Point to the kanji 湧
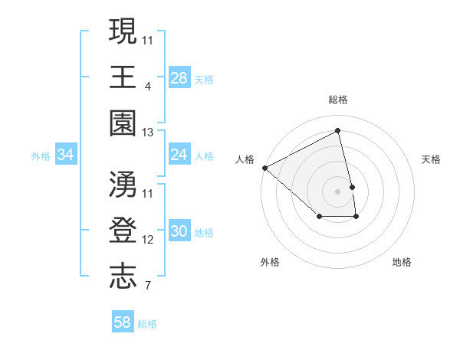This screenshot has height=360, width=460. pyautogui.click(x=123, y=185)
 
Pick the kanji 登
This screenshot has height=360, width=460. pyautogui.click(x=123, y=231)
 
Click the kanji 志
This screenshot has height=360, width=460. pyautogui.click(x=123, y=277)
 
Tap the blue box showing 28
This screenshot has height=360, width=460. pyautogui.click(x=179, y=77)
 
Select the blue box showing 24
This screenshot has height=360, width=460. pyautogui.click(x=179, y=155)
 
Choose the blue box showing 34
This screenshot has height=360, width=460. pyautogui.click(x=66, y=155)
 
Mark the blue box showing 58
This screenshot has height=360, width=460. pyautogui.click(x=123, y=322)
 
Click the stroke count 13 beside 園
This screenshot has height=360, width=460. pyautogui.click(x=147, y=133)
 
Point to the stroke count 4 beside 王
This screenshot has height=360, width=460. pyautogui.click(x=147, y=86)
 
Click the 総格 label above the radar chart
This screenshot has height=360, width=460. pyautogui.click(x=338, y=100)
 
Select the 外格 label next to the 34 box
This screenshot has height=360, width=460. pyautogui.click(x=41, y=155)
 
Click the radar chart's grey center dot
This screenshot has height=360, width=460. pyautogui.click(x=338, y=191)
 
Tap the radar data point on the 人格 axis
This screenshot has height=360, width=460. pyautogui.click(x=264, y=168)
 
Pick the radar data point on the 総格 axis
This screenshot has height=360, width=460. pyautogui.click(x=338, y=130)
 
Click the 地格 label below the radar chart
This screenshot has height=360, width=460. pyautogui.click(x=402, y=262)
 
